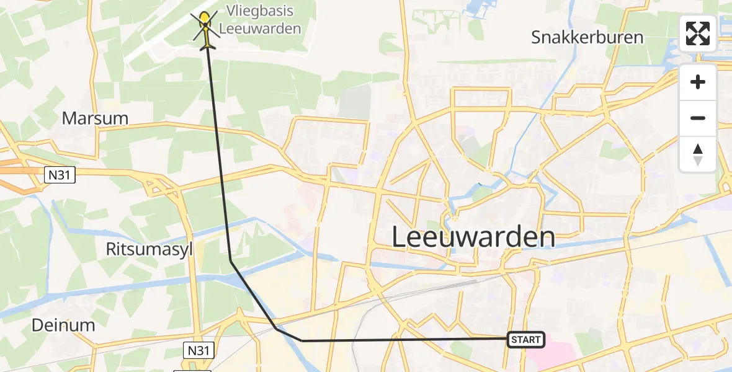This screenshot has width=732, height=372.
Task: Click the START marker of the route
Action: [x=526, y=339]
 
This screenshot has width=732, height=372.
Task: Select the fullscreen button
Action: [x=698, y=33]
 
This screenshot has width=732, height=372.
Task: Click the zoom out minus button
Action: [x=698, y=118]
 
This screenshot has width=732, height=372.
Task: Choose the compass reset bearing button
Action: [x=698, y=154]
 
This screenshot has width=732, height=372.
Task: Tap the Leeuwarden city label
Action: [x=473, y=237]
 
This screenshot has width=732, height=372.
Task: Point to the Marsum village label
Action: [x=95, y=118]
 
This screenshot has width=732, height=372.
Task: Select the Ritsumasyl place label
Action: [x=150, y=249]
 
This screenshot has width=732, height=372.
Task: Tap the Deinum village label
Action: [x=63, y=325]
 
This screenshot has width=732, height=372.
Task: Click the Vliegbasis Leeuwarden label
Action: [x=260, y=20]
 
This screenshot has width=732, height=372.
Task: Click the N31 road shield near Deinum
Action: [x=200, y=350]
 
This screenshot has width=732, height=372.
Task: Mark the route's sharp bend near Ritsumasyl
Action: [x=231, y=261]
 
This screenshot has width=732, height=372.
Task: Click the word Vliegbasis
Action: [x=260, y=11]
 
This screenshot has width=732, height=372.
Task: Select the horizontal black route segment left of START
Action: [x=403, y=340]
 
